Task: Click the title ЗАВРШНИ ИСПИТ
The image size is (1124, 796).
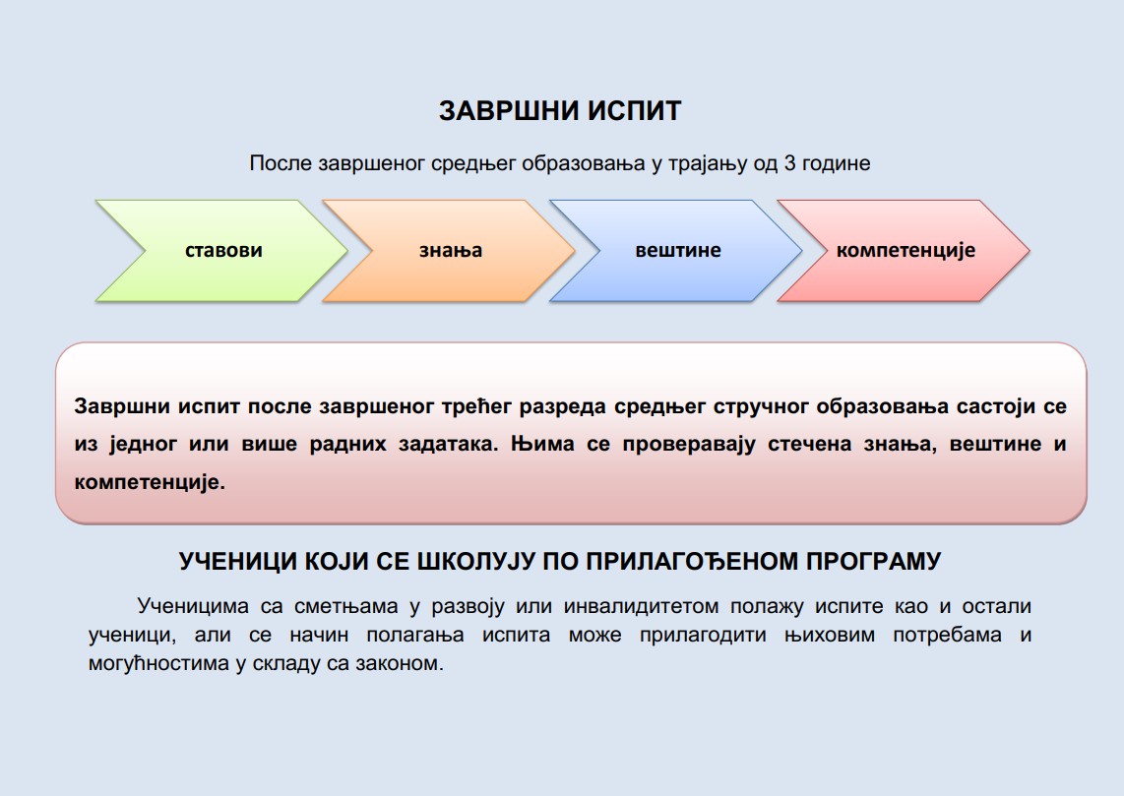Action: (560, 111)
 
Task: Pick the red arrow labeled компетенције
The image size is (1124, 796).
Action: (905, 251)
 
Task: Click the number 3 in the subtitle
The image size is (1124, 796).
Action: (790, 163)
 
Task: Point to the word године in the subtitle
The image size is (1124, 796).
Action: (837, 164)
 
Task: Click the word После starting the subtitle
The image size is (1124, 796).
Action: (281, 163)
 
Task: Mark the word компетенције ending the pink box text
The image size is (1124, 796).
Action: (150, 482)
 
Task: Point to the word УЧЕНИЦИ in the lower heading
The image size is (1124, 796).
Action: (237, 561)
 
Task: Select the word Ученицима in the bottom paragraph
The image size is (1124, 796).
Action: (193, 606)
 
